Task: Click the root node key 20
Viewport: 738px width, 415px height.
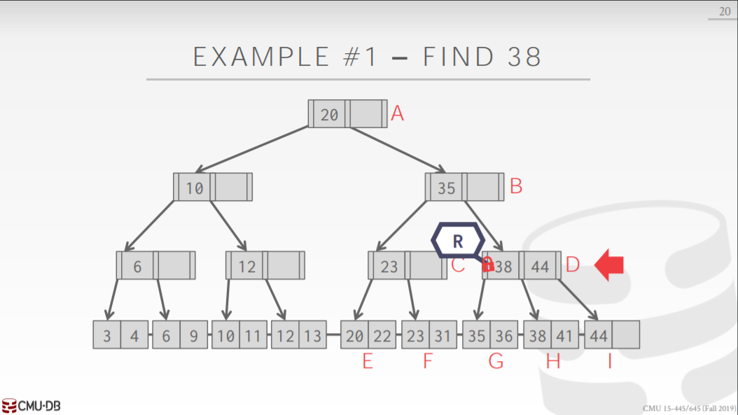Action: (329, 114)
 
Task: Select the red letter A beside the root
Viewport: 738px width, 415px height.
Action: (398, 113)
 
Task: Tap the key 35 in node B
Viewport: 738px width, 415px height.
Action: (447, 188)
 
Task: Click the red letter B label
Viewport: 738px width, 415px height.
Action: (516, 187)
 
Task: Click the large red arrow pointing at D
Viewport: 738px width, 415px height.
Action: (609, 266)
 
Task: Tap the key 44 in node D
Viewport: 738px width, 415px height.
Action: (539, 266)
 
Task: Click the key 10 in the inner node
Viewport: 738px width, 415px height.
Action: (195, 188)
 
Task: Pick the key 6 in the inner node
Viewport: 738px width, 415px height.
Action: (137, 266)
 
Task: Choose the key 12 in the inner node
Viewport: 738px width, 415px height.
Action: (246, 266)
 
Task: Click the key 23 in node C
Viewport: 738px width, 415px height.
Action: (389, 266)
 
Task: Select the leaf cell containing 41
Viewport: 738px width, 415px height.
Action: (564, 335)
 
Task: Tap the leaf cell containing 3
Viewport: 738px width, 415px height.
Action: (106, 335)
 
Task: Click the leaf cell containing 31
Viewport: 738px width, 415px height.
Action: (442, 335)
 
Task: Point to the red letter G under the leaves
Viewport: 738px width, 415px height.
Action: (496, 362)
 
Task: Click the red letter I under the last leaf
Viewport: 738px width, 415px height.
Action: (609, 362)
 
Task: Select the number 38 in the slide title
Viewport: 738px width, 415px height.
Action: (521, 57)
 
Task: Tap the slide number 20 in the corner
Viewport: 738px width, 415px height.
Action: (723, 10)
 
